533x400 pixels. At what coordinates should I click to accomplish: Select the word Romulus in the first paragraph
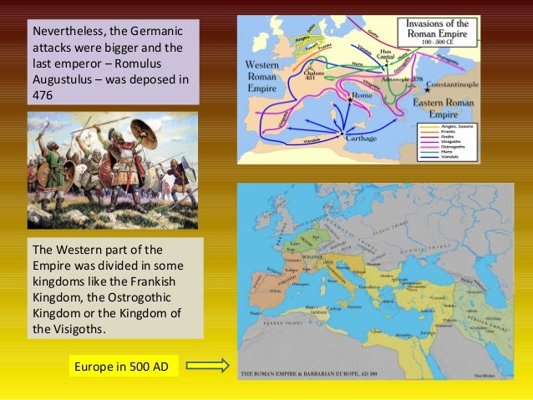pos(161,63)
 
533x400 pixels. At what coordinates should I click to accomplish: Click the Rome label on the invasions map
pos(361,96)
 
